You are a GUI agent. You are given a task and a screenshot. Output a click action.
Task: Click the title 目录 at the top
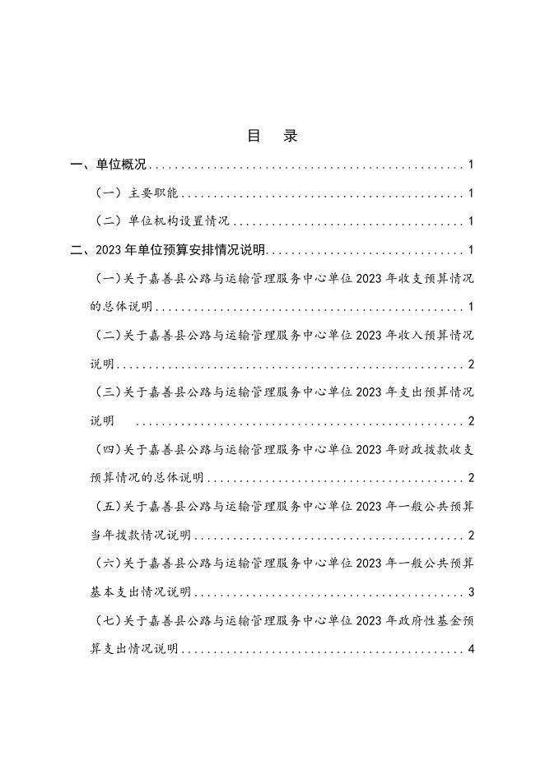[272, 137]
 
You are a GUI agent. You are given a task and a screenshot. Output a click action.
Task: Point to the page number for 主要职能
[471, 194]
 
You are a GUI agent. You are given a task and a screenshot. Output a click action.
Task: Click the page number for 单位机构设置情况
[471, 222]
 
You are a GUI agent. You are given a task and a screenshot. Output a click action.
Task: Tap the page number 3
[471, 592]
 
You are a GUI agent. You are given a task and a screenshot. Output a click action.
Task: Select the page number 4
[471, 649]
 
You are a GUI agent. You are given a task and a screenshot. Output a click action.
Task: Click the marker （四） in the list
[109, 450]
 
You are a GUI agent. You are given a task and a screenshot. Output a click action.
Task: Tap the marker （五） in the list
[109, 507]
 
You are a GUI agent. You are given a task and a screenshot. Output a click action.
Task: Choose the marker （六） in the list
[109, 564]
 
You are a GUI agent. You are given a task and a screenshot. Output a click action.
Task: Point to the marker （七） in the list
[109, 620]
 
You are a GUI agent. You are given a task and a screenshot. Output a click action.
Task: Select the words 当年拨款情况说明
[140, 536]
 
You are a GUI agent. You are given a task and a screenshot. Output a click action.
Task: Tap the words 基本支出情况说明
[140, 592]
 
